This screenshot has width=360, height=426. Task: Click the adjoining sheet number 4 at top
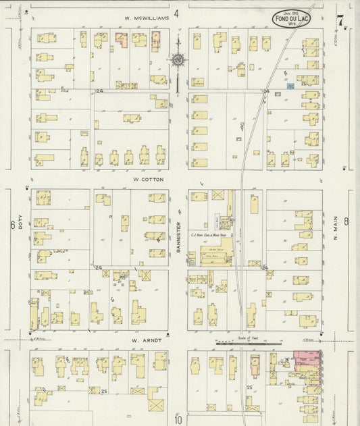[176, 13]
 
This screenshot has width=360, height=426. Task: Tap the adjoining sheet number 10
[178, 419]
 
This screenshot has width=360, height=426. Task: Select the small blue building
[291, 86]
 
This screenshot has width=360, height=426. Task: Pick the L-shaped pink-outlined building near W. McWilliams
[122, 41]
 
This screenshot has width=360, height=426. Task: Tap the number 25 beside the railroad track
[249, 387]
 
